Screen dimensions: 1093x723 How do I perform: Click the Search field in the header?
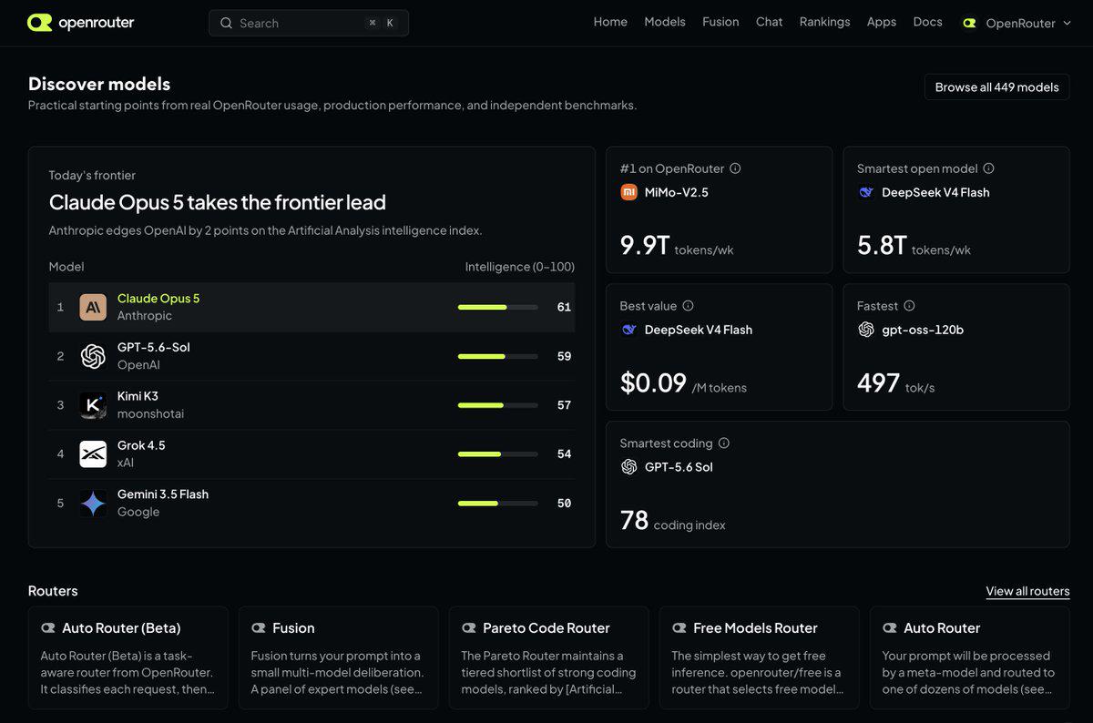point(309,23)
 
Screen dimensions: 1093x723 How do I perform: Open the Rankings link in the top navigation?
point(824,22)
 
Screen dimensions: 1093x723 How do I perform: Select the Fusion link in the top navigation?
point(720,22)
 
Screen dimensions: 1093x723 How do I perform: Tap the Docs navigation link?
point(927,22)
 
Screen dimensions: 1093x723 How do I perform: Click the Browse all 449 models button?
point(996,87)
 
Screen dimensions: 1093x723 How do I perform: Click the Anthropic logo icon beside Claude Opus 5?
point(93,307)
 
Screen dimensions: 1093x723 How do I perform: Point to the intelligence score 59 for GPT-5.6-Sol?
point(564,356)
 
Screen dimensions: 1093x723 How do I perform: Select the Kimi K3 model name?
point(138,396)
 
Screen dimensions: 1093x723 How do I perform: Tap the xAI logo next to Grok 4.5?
point(93,454)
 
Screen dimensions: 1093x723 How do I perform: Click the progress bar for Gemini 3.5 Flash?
point(497,504)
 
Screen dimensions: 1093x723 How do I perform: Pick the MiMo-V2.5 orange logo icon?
point(628,192)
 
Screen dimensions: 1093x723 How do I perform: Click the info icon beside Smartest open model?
point(988,168)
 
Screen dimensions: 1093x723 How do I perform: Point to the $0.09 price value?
point(653,383)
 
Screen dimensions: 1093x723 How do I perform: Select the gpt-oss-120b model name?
point(922,330)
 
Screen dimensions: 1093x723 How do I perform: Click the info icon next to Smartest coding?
point(724,443)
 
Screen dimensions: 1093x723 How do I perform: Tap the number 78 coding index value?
point(634,521)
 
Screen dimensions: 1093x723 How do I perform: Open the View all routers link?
point(1027,591)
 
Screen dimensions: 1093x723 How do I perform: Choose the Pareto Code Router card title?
point(546,628)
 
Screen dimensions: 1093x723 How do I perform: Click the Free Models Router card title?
point(755,628)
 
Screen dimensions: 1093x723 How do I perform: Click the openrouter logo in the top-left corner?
point(80,23)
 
